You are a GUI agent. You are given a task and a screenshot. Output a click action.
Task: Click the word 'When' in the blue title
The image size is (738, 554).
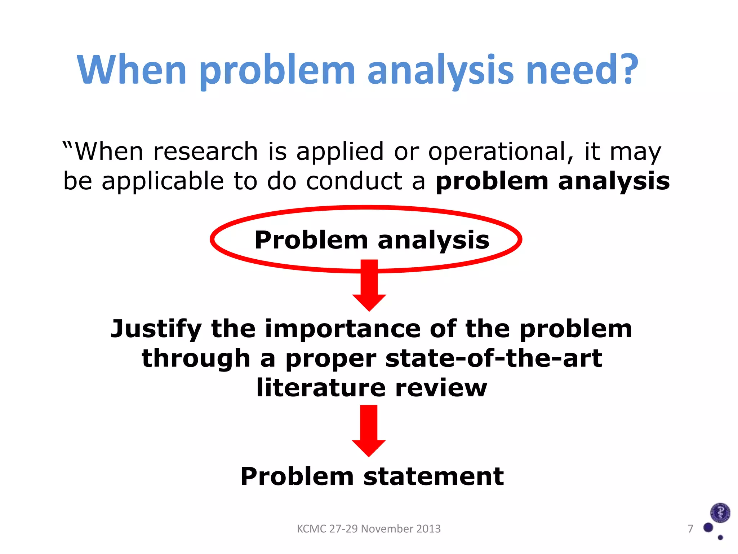point(132,69)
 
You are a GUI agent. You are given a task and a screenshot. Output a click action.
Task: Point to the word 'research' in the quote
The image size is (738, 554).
point(205,151)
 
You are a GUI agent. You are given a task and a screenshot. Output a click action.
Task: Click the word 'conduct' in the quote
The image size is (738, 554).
point(354,181)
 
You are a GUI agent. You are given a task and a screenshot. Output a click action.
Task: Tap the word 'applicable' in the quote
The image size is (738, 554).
point(163,181)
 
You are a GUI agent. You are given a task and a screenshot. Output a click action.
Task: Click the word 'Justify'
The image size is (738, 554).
point(156,329)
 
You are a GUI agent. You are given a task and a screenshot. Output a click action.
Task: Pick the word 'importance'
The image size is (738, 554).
point(343,329)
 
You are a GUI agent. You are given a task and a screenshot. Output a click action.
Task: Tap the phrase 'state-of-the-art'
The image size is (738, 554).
point(494,359)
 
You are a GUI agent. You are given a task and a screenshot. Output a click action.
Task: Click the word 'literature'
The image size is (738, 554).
point(321,388)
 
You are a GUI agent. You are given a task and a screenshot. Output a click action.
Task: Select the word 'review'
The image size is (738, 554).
point(441,388)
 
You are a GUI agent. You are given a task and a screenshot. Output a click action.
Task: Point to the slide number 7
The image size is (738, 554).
point(690,529)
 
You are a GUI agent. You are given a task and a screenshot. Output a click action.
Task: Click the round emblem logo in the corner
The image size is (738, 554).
point(720,513)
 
